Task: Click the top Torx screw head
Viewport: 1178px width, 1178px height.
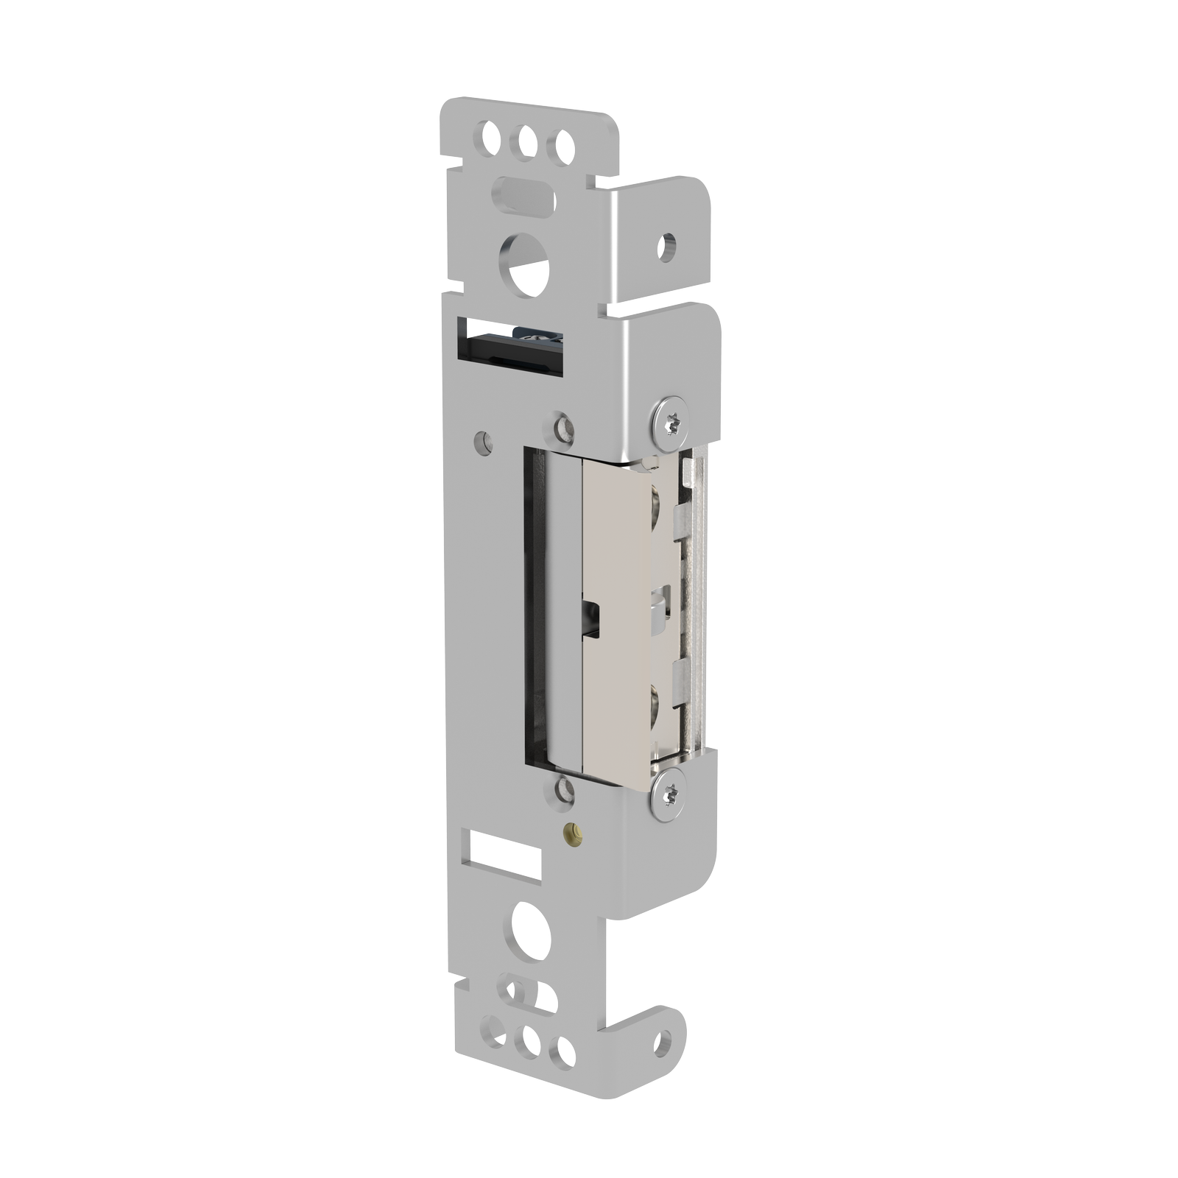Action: click(x=671, y=423)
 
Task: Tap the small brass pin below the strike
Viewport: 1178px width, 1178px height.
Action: click(x=571, y=833)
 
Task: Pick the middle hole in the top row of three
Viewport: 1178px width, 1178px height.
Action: click(x=526, y=141)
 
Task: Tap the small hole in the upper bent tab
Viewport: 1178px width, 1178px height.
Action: click(x=666, y=247)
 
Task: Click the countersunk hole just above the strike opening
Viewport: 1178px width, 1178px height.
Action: click(x=563, y=428)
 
